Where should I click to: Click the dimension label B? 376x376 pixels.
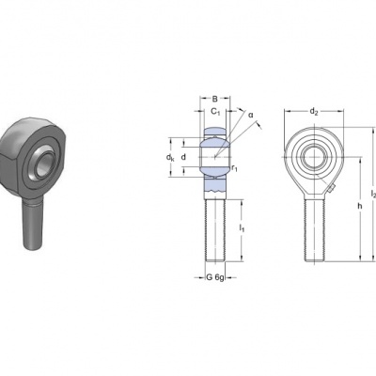point(214,99)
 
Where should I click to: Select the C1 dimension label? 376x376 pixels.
point(215,111)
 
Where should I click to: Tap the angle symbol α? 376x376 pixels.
point(251,115)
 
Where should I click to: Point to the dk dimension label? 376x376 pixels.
point(170,158)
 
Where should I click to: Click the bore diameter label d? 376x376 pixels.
point(183,157)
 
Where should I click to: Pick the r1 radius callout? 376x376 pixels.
point(234,168)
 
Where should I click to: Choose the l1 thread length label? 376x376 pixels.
point(242,228)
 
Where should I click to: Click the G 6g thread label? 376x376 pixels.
point(215,277)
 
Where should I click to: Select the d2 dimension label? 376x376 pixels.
point(314,111)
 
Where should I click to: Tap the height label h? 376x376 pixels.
point(360,206)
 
